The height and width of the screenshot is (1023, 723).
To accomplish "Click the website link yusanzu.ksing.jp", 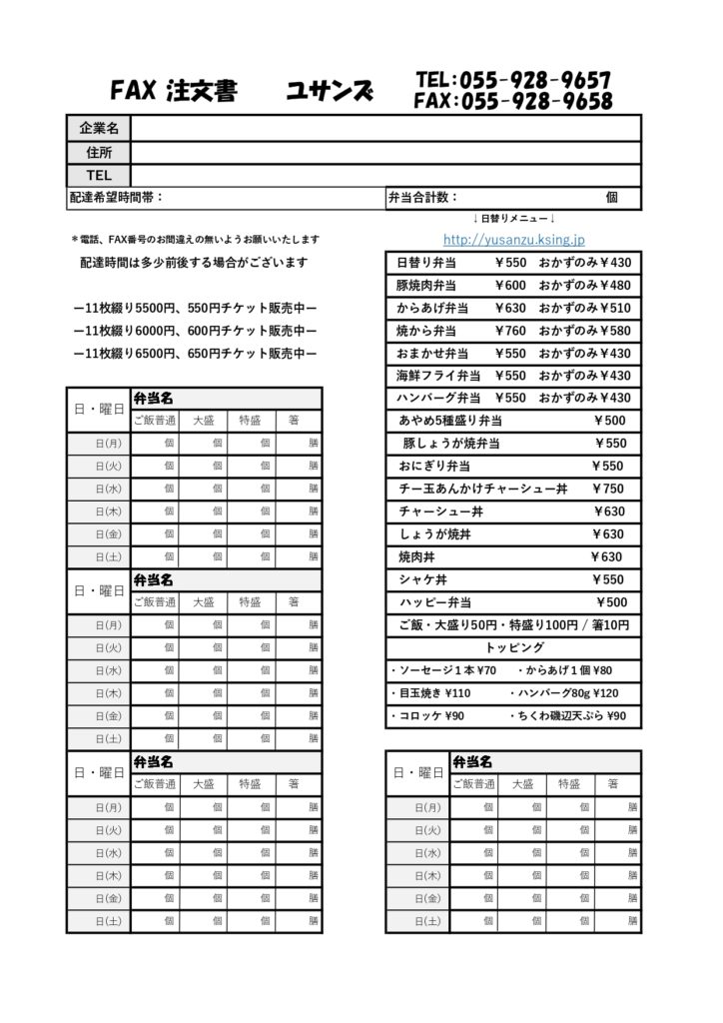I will (x=514, y=240).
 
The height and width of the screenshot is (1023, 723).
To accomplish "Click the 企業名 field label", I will (x=99, y=128).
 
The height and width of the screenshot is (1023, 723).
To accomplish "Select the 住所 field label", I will (x=99, y=152).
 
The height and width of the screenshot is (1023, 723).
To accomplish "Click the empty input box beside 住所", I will (x=384, y=152).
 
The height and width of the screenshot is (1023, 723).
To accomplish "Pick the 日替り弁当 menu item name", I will (x=426, y=263).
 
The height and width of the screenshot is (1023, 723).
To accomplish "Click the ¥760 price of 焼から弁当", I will (x=509, y=331).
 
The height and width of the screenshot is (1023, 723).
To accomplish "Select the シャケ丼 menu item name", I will (x=415, y=579).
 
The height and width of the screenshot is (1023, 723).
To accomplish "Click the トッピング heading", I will (x=514, y=647).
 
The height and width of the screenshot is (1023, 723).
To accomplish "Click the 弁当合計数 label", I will (x=422, y=198).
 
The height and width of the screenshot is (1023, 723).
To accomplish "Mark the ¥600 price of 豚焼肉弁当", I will (x=509, y=286).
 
